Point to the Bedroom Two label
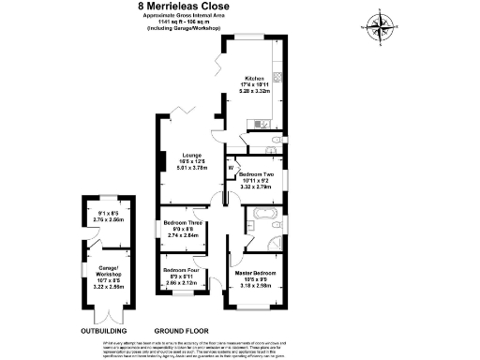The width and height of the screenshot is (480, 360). click(x=255, y=174)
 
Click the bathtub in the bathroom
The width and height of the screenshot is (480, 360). click(x=260, y=225)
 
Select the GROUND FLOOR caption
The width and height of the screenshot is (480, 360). click(x=180, y=331)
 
